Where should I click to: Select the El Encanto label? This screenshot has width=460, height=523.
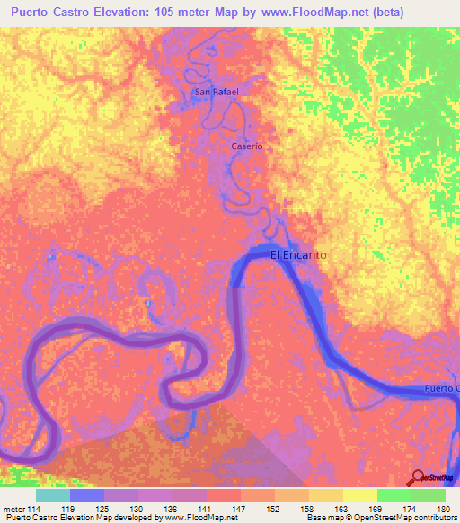298,255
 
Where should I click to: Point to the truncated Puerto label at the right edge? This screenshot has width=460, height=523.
442,388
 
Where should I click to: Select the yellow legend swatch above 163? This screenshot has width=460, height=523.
360,495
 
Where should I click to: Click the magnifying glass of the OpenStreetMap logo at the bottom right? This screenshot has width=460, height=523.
418,476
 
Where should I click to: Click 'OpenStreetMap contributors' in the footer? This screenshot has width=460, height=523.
410,518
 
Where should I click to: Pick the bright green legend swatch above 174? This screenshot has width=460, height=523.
394,495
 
